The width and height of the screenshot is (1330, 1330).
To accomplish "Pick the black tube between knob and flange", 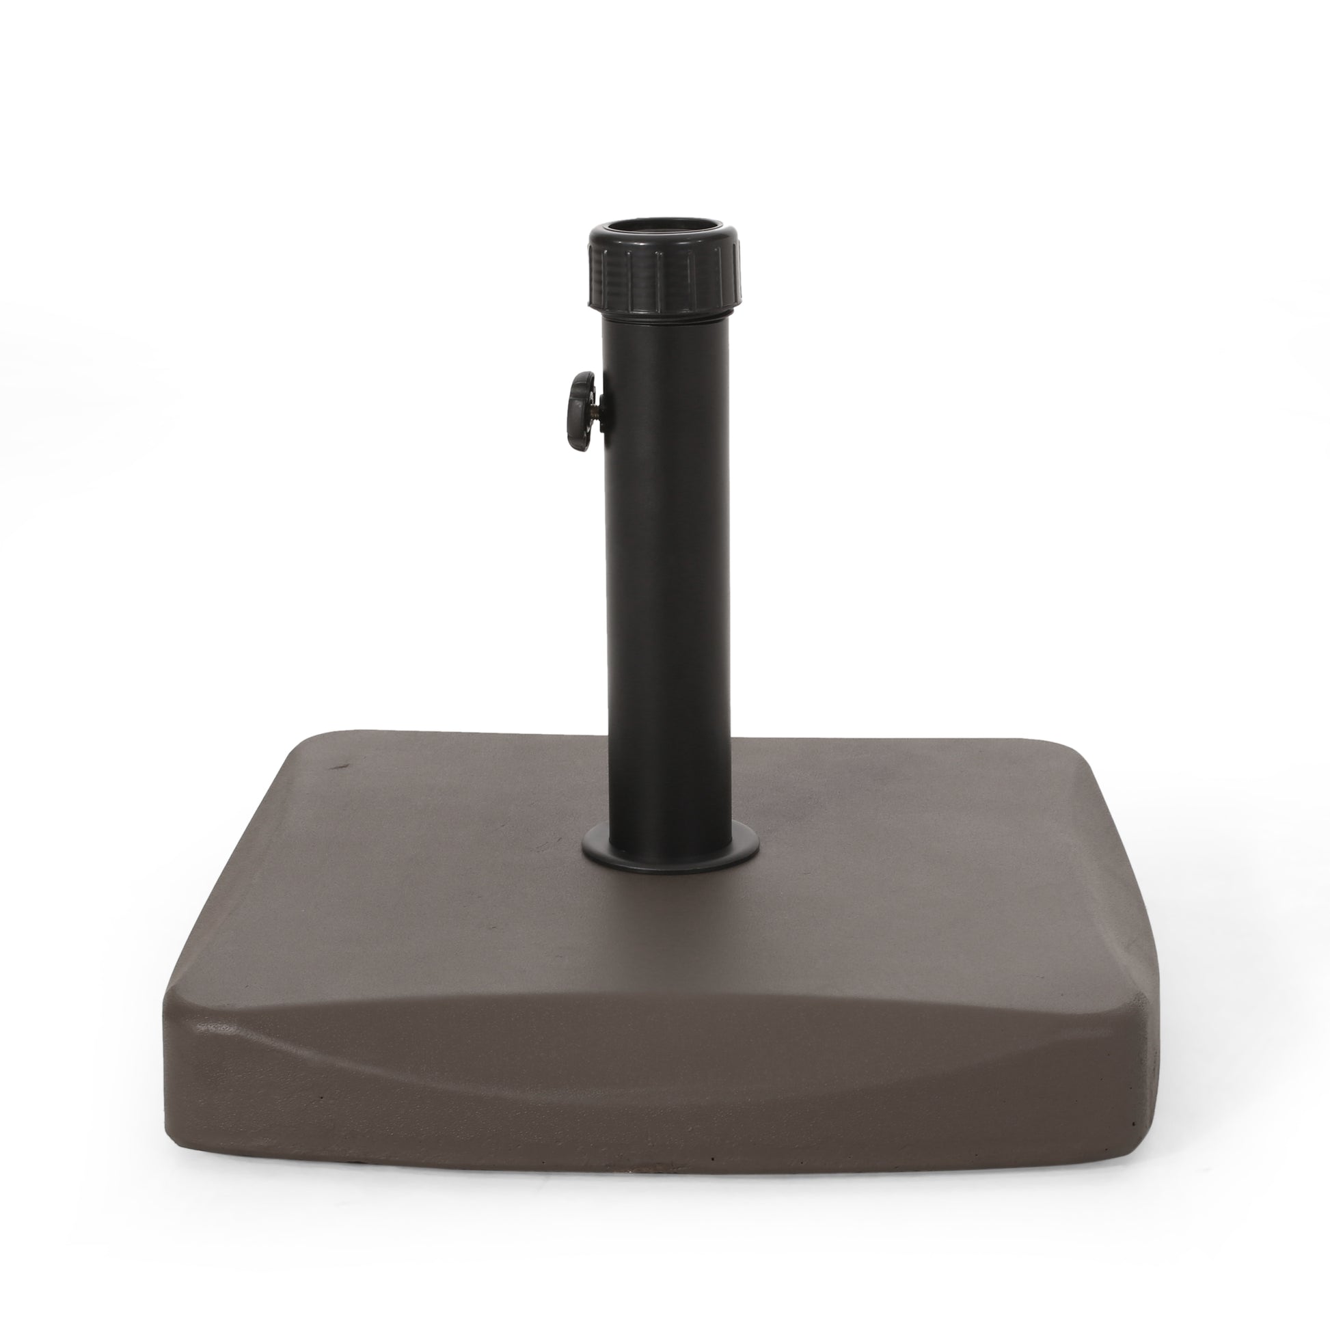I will click(666, 620).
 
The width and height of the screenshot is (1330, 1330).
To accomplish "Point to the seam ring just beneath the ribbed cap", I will click(665, 317).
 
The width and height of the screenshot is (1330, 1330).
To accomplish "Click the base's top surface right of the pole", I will click(895, 860).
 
